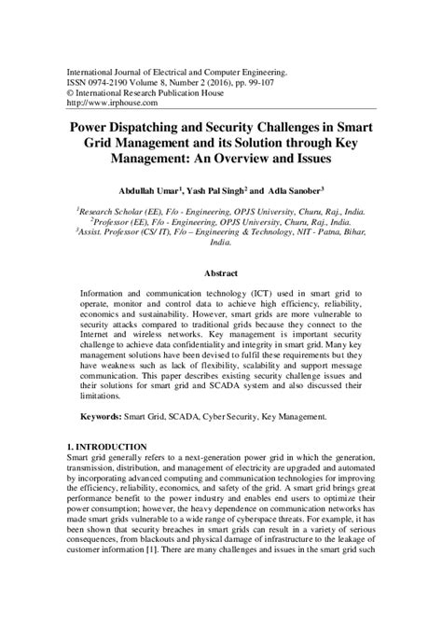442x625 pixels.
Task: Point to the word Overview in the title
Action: click(256, 159)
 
